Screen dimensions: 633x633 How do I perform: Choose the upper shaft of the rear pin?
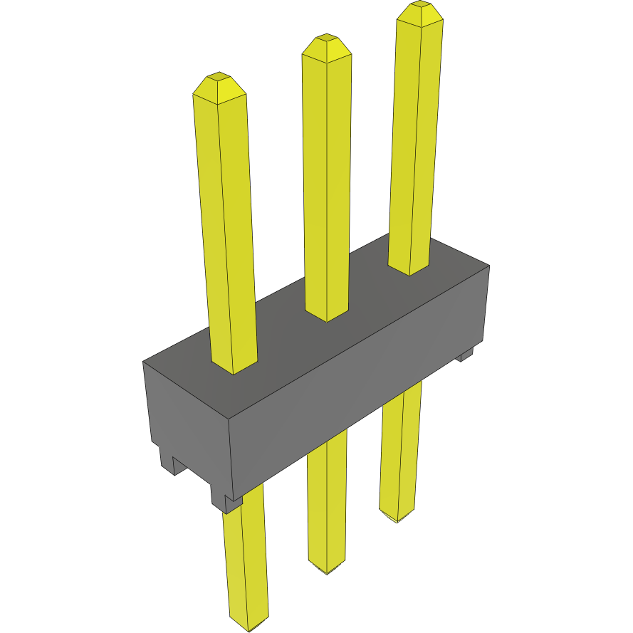[416, 142]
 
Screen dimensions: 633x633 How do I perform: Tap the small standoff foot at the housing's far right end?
[465, 354]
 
